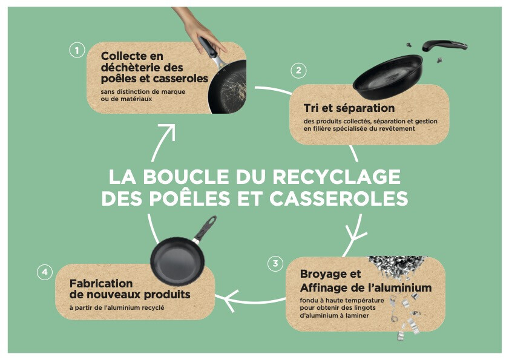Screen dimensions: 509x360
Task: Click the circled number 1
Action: tap(77, 50)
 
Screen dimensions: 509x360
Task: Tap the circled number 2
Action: tap(298, 70)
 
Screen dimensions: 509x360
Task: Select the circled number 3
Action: tap(275, 263)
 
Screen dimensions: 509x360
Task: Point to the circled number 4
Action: tap(45, 272)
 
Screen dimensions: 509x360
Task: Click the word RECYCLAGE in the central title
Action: tap(337, 177)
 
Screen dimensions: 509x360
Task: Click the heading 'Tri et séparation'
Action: tap(349, 108)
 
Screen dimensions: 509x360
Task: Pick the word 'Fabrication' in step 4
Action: tap(101, 283)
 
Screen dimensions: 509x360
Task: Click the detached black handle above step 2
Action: tap(444, 45)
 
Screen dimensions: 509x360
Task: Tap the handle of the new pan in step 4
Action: tap(205, 229)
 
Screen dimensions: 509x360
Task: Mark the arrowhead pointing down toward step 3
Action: tap(355, 234)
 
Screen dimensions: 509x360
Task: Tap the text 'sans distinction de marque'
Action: tap(143, 91)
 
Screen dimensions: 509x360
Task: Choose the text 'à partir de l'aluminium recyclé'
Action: tap(117, 307)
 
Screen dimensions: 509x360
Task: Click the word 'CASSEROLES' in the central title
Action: tap(338, 198)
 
